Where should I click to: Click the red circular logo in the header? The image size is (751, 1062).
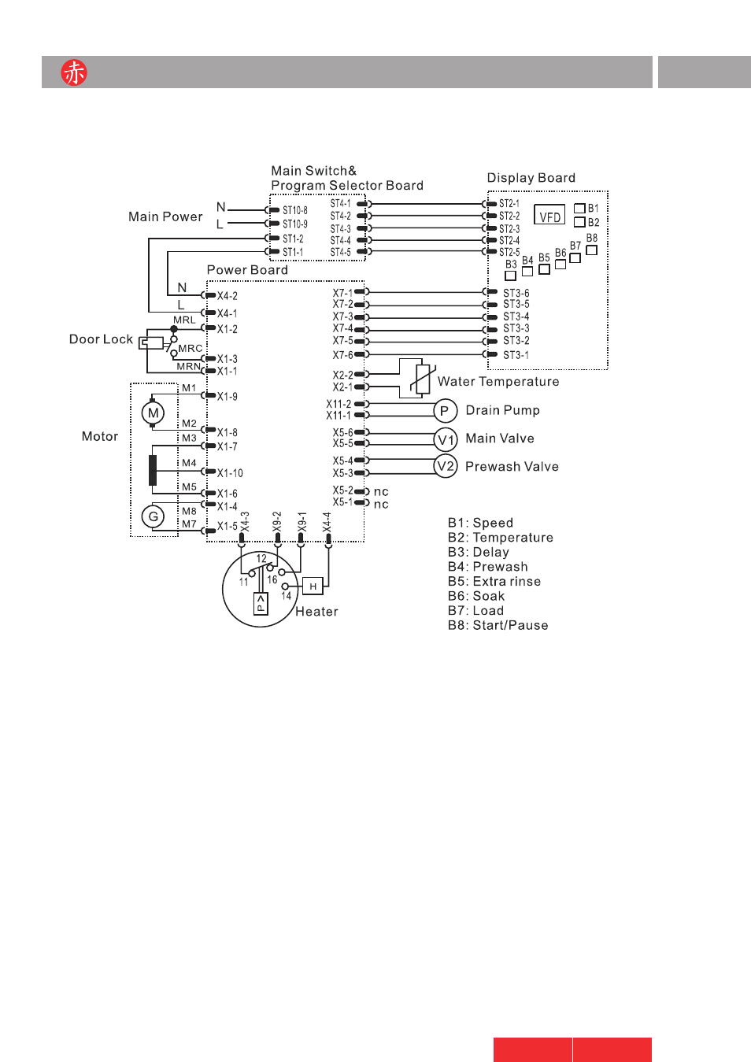74,72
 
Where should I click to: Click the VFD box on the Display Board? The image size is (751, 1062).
549,215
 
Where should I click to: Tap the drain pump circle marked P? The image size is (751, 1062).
446,411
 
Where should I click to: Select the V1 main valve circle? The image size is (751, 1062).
446,440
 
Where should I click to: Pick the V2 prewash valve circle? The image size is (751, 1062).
446,466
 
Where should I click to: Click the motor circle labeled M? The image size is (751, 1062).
153,413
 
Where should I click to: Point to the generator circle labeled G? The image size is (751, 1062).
153,516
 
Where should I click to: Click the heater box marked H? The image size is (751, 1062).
313,587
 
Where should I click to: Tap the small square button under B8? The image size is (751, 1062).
591,250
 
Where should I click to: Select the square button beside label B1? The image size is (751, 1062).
579,208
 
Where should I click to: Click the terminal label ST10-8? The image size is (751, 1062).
295,210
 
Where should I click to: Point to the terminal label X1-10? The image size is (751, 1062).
230,472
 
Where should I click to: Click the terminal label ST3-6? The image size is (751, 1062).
516,293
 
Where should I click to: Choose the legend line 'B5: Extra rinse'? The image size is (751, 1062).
494,581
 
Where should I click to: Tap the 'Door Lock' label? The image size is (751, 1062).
101,339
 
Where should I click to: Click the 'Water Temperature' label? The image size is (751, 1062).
498,381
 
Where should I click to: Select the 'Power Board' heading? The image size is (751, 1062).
247,270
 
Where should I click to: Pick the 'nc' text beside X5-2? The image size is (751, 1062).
381,492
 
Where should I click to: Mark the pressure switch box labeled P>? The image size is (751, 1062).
261,604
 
